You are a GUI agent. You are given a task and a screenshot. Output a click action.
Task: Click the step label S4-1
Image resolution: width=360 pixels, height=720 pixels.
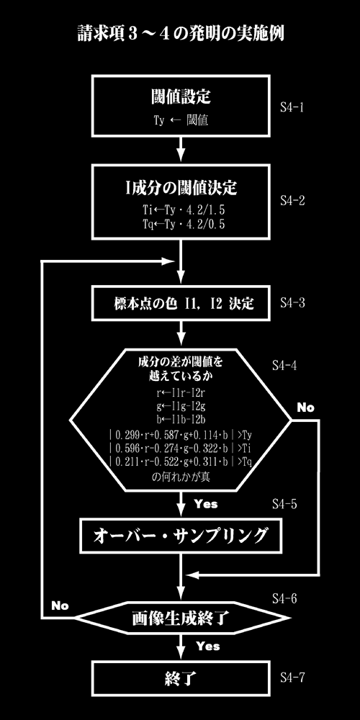tap(292, 108)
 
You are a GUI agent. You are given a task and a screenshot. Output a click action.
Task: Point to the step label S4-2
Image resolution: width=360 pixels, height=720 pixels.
tap(292, 201)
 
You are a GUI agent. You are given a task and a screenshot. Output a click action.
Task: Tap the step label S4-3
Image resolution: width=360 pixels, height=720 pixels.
tap(292, 304)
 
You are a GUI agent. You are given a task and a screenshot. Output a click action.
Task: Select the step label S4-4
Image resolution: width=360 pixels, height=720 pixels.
tap(284, 366)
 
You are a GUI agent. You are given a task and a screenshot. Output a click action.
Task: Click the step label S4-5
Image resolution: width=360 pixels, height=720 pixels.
tap(284, 504)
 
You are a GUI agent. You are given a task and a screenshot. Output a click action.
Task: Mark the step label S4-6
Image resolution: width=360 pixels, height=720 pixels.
tap(284, 599)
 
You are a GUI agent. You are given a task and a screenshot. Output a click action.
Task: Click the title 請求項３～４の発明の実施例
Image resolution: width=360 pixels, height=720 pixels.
tap(181, 35)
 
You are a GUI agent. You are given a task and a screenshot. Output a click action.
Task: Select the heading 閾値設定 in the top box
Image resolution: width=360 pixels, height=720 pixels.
tap(181, 97)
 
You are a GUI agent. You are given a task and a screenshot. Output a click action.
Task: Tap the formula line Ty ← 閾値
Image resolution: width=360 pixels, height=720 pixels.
tap(181, 121)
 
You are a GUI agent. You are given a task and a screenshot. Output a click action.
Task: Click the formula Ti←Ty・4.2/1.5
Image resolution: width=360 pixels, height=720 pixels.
tap(183, 210)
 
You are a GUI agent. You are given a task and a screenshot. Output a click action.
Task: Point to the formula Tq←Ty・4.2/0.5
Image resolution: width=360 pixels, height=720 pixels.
tap(183, 224)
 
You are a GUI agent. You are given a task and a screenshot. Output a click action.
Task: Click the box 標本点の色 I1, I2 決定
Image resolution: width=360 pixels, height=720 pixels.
tap(181, 304)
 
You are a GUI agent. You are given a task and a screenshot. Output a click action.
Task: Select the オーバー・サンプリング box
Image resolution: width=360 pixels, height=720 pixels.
tap(181, 536)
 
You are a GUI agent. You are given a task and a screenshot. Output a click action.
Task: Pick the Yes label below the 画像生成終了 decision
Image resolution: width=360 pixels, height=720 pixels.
tap(207, 646)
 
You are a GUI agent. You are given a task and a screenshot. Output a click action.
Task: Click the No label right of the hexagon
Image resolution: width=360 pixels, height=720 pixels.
tap(305, 407)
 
